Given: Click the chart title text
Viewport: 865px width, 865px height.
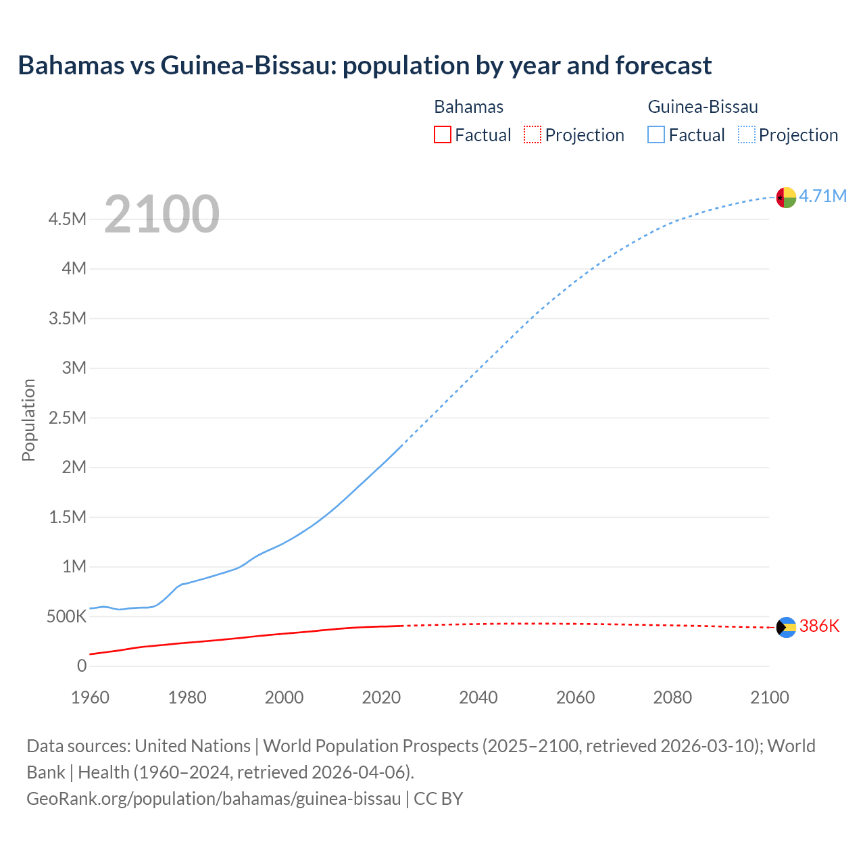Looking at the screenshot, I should tap(364, 66).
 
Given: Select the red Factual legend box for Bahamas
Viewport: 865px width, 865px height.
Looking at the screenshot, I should tap(442, 134).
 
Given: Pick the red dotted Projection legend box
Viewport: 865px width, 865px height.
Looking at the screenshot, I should tap(533, 134).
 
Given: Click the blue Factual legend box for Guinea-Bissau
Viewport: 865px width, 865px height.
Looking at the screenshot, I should tap(656, 134).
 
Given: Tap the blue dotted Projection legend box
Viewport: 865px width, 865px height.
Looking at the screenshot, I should tap(746, 134).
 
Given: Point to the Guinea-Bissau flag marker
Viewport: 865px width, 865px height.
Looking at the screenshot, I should tap(786, 197).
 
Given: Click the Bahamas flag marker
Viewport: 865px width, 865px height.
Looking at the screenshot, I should tap(786, 627).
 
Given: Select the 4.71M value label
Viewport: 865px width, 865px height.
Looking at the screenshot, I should tap(822, 196).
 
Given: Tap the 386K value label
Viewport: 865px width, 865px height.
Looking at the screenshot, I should tap(819, 626).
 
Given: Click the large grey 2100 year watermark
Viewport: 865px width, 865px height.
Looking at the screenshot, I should tap(162, 214).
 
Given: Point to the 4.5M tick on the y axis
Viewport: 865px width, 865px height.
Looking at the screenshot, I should tap(67, 219).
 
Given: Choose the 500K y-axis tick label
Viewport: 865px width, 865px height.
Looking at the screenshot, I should tap(66, 616).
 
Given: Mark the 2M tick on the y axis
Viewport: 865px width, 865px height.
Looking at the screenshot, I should tap(74, 467).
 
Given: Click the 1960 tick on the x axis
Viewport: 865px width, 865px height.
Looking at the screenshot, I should tap(90, 697).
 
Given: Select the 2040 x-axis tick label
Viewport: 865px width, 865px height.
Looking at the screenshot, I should tap(478, 697).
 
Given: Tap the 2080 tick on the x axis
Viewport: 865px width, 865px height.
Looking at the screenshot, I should tap(672, 697).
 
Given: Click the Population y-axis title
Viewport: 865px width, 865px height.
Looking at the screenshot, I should tap(28, 420).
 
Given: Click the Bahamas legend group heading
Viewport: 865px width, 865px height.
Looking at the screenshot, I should tap(468, 107).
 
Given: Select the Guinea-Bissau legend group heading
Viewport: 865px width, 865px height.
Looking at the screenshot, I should tap(702, 107).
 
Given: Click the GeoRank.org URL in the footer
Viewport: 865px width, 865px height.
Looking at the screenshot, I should tap(214, 799).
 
